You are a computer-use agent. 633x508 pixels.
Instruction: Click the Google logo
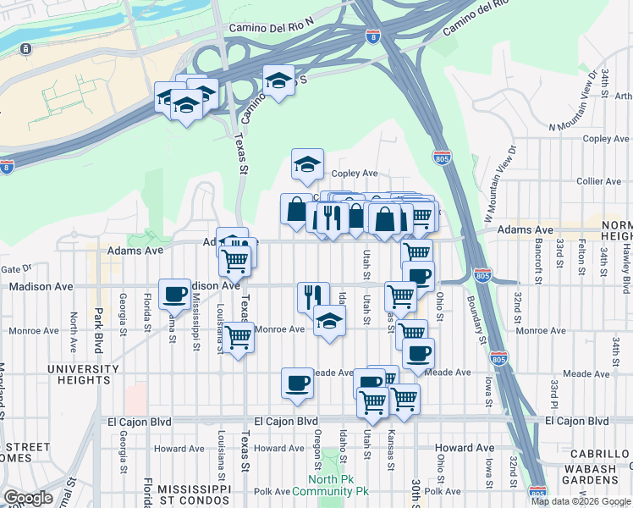pyautogui.click(x=28, y=498)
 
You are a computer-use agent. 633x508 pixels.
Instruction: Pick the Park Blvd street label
pyautogui.click(x=98, y=318)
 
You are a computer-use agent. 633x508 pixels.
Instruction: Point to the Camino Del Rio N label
pyautogui.click(x=272, y=28)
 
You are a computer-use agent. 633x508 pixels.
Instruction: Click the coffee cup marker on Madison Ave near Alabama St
pyautogui.click(x=174, y=293)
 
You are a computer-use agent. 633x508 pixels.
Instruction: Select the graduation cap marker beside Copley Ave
pyautogui.click(x=307, y=164)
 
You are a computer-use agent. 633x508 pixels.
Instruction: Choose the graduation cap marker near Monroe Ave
pyautogui.click(x=329, y=321)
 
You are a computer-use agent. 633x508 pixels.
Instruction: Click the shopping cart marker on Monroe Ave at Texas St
pyautogui.click(x=239, y=337)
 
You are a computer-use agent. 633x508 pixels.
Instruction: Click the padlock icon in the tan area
pyautogui.click(x=26, y=49)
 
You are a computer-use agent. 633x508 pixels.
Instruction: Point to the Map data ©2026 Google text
pyautogui.click(x=580, y=501)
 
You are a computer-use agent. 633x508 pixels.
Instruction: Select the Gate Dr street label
pyautogui.click(x=16, y=268)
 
